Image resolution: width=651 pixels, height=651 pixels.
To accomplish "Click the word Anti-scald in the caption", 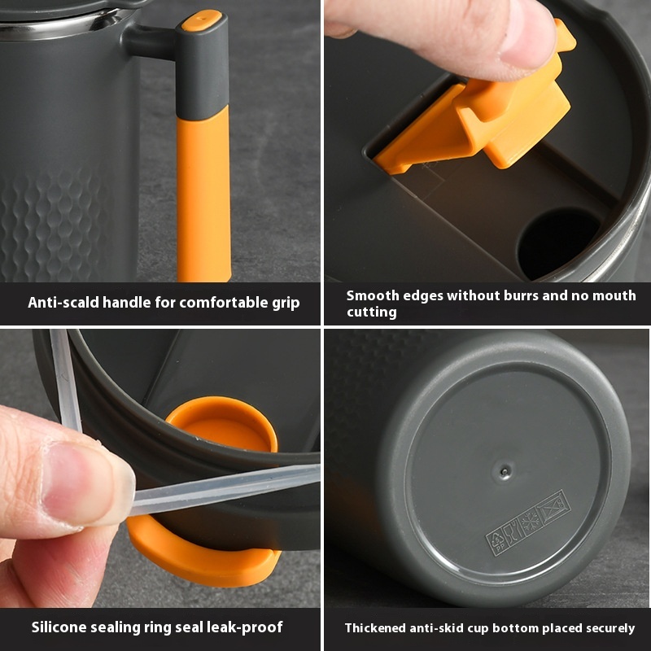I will pos(63,303).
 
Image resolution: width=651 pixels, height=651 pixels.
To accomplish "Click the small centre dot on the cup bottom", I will pos(505,470).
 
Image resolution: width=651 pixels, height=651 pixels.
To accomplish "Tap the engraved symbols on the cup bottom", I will pos(528,522).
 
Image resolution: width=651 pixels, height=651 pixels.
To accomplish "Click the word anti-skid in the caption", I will pos(440,628).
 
